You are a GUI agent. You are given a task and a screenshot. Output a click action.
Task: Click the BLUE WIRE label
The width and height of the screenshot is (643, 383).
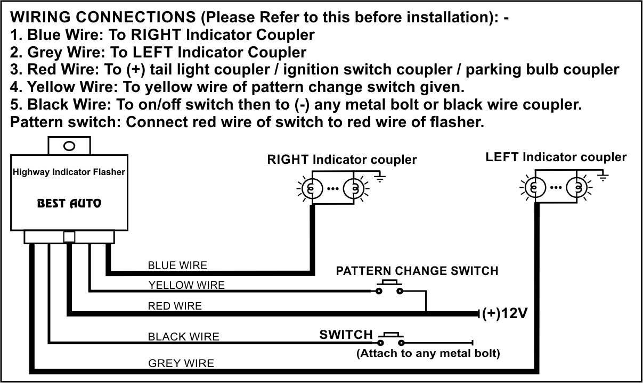coord(177,265)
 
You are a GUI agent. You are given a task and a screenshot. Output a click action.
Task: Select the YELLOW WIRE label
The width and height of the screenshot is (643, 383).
coord(186,285)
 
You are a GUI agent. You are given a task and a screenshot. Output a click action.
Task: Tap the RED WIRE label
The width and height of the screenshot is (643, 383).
coord(175,306)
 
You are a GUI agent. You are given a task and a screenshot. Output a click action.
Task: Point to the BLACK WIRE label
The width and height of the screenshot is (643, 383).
coord(183,336)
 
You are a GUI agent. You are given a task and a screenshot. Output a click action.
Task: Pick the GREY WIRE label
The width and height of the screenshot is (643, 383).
coord(181,363)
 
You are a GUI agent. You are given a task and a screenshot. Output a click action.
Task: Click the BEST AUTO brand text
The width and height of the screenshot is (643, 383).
coord(69,203)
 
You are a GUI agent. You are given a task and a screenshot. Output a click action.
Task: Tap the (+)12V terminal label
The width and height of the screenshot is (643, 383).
coord(504,313)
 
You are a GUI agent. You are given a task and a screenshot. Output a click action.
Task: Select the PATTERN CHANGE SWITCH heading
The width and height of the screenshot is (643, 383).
coord(417,271)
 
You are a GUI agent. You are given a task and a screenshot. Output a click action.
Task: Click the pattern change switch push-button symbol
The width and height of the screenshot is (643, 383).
coord(389,288)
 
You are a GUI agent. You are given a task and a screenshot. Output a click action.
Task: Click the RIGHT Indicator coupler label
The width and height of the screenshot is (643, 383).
coord(341,159)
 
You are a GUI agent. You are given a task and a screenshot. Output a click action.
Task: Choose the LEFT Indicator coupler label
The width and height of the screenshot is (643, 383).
coord(556,157)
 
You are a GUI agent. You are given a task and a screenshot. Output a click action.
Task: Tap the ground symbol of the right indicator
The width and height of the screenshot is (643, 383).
coord(380,178)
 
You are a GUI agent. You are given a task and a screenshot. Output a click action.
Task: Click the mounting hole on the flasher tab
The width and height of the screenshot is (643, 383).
coord(69,146)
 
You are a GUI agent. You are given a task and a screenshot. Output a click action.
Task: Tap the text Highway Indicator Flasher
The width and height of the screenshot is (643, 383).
coord(69,172)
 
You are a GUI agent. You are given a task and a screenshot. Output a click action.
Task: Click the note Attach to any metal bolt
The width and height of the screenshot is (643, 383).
coord(428,353)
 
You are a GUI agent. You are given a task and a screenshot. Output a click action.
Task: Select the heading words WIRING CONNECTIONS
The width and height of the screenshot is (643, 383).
coord(104,18)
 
